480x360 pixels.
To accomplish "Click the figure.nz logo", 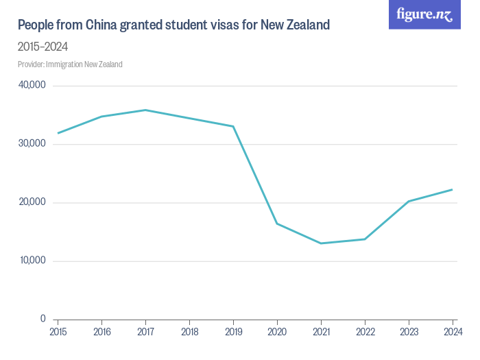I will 424,14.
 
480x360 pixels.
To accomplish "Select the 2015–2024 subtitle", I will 43,47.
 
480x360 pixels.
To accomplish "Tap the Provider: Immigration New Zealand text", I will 70,64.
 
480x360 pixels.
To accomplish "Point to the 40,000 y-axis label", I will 32,86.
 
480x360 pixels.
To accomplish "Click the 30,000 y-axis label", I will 32,144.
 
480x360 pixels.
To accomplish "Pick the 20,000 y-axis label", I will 32,202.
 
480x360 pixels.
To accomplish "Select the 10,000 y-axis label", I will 32,261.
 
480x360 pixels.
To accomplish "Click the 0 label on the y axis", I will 43,319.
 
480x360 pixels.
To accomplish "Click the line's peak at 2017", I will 145,110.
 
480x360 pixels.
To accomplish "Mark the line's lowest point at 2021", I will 321,243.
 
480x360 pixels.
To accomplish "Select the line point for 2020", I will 277,224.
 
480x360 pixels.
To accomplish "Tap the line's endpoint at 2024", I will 453,189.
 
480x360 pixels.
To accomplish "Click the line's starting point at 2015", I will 58,133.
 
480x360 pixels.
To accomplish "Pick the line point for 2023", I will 409,201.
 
